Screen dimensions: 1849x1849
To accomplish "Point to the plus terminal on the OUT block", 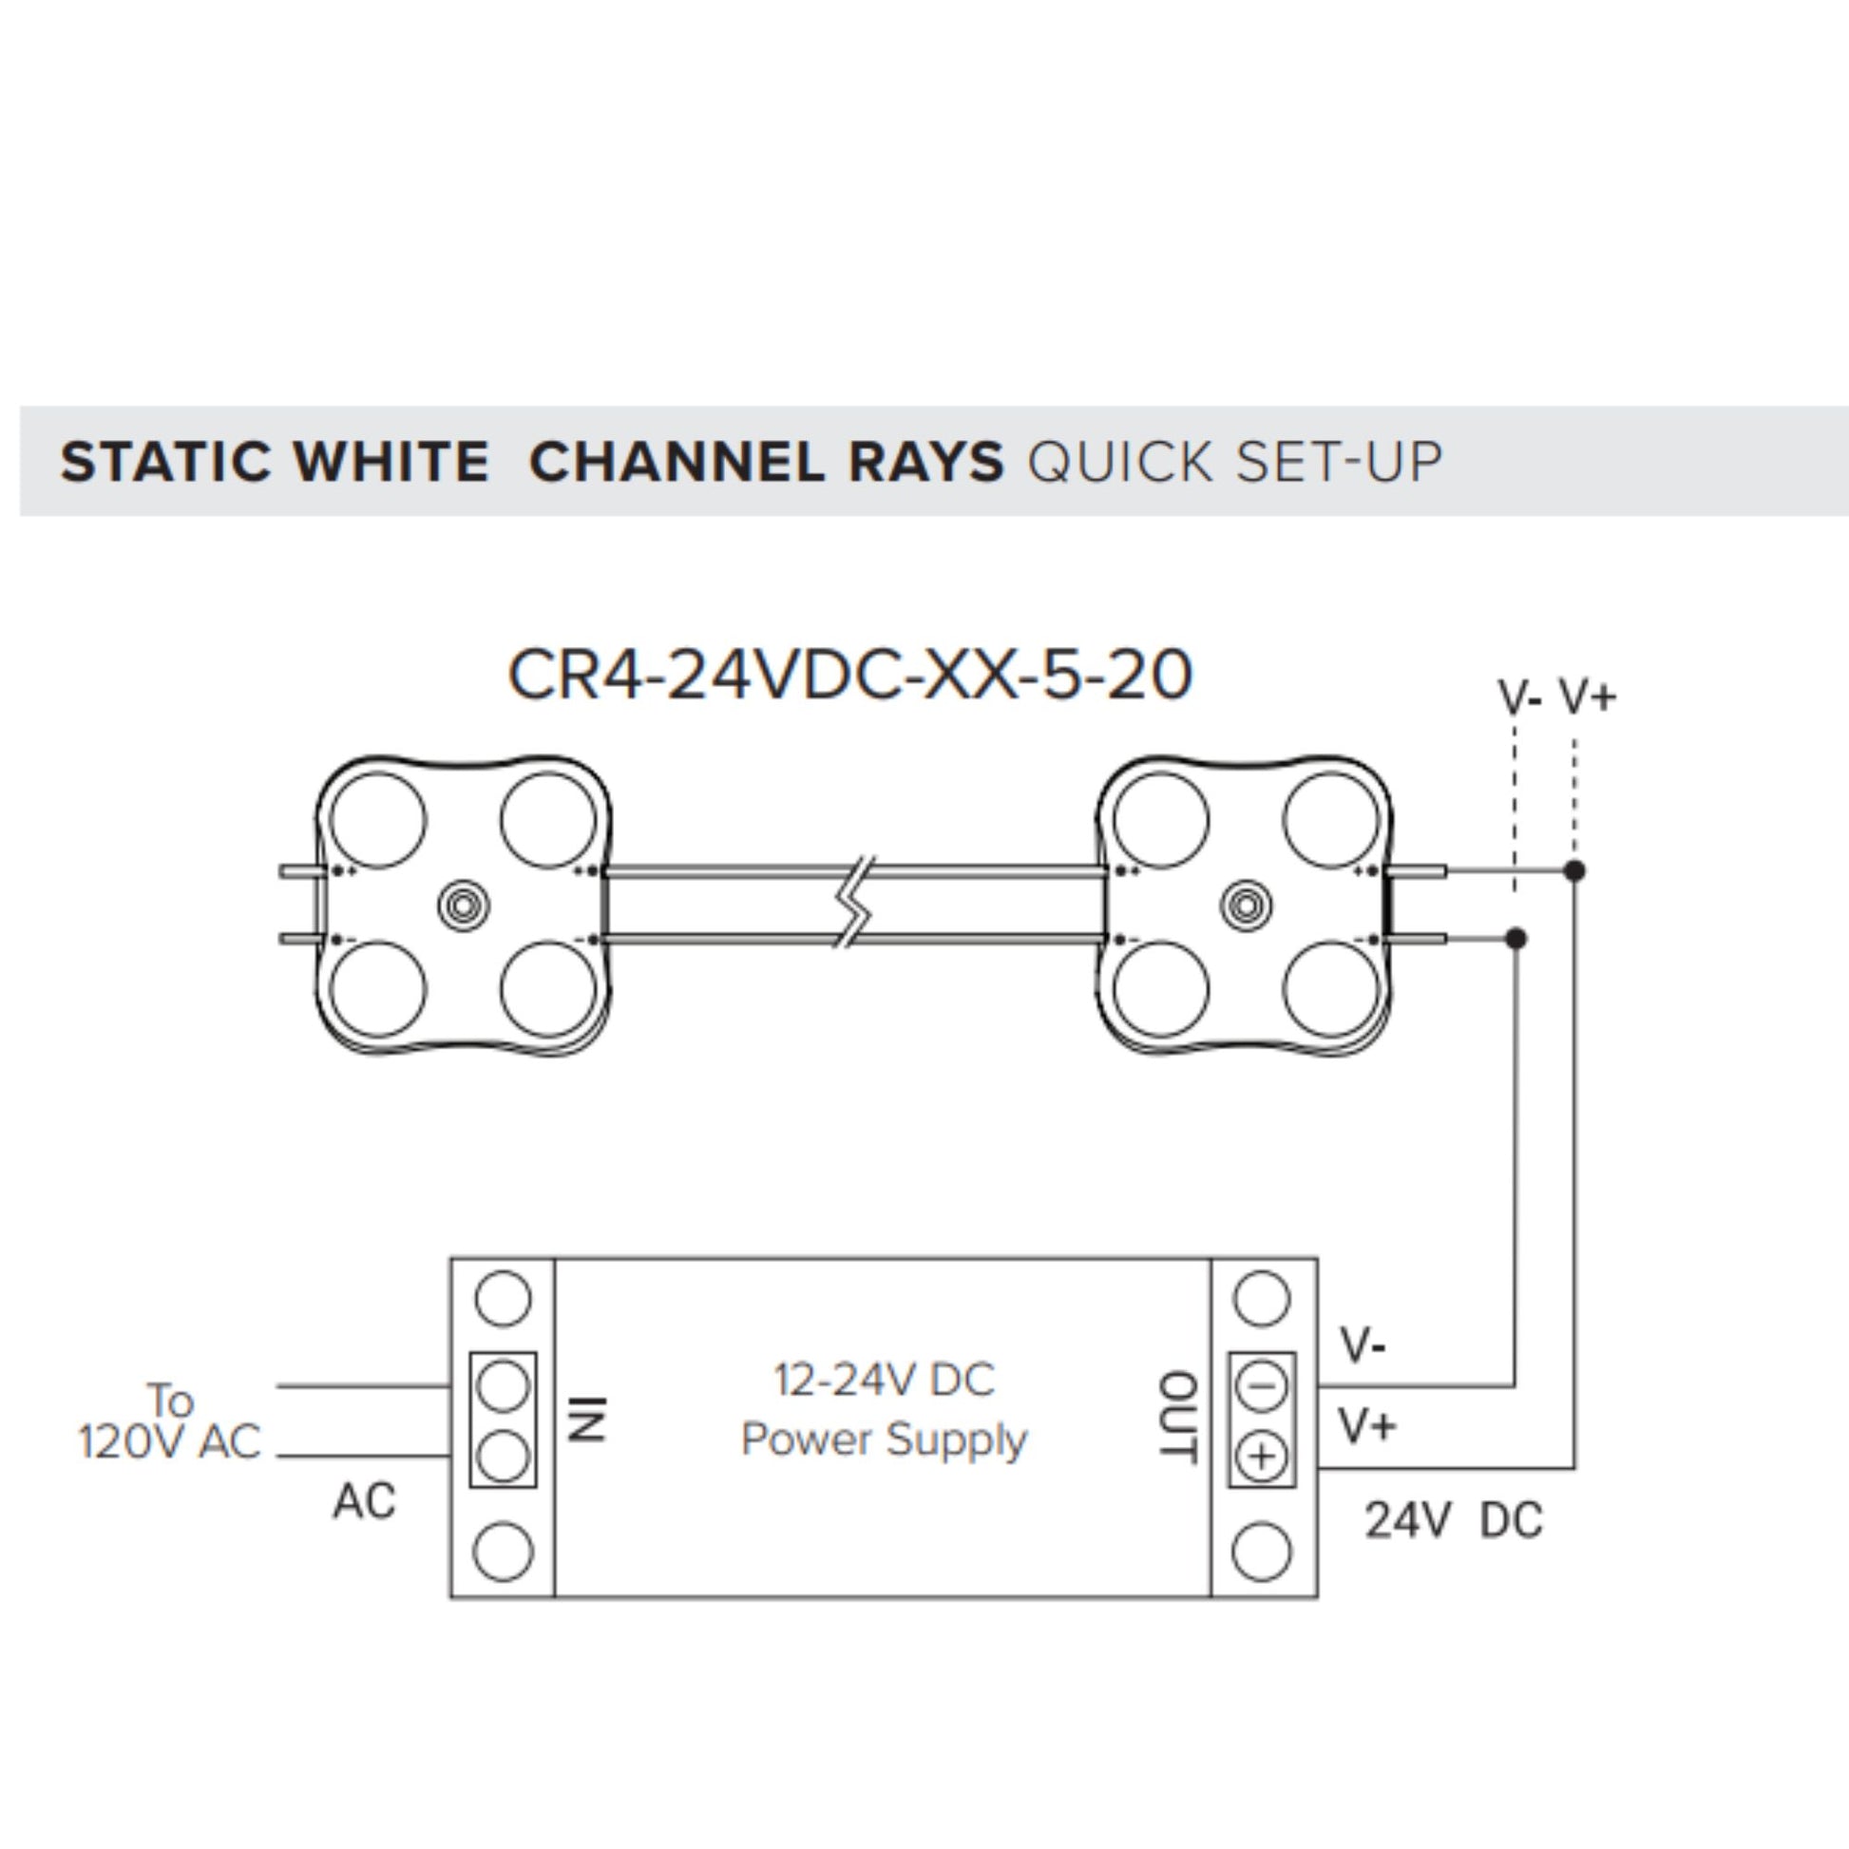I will click(1262, 1457).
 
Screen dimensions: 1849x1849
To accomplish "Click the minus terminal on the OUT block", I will click(1262, 1384).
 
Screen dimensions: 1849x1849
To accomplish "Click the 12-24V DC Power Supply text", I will click(884, 1410).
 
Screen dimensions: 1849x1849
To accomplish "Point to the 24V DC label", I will click(1453, 1521).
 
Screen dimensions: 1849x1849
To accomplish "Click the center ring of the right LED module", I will click(1246, 905).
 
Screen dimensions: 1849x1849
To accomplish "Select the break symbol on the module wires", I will click(852, 905).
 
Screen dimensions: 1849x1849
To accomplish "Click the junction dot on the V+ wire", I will click(1574, 871).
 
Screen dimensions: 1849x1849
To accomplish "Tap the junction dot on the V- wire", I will click(1515, 938).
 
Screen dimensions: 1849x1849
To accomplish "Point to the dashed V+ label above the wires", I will click(1587, 696).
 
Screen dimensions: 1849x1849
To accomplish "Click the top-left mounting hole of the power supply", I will click(503, 1299).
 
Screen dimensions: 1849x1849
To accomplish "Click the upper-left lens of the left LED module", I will click(377, 821).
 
